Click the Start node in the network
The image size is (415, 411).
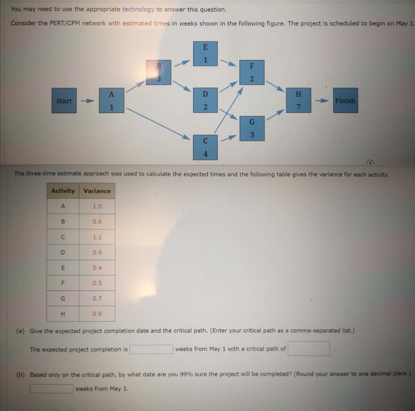[64, 101]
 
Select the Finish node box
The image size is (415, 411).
[345, 101]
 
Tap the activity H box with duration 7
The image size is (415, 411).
[298, 100]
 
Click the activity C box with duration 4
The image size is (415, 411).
[205, 147]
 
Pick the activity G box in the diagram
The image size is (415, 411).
[252, 128]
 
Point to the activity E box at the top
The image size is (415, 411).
[205, 54]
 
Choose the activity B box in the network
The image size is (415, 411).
[158, 72]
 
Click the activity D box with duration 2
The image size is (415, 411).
[205, 100]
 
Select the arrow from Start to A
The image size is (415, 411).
[88, 101]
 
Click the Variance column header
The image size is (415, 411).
[97, 191]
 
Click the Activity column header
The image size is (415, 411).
[63, 191]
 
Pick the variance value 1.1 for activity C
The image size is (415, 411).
[97, 237]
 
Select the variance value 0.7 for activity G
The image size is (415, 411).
[97, 299]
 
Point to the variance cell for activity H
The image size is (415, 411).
[97, 314]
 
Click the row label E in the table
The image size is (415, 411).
[63, 268]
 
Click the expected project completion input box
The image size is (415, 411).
[151, 349]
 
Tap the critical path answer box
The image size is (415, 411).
[309, 349]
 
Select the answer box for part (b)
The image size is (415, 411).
[52, 389]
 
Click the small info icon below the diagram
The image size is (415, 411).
[370, 162]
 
